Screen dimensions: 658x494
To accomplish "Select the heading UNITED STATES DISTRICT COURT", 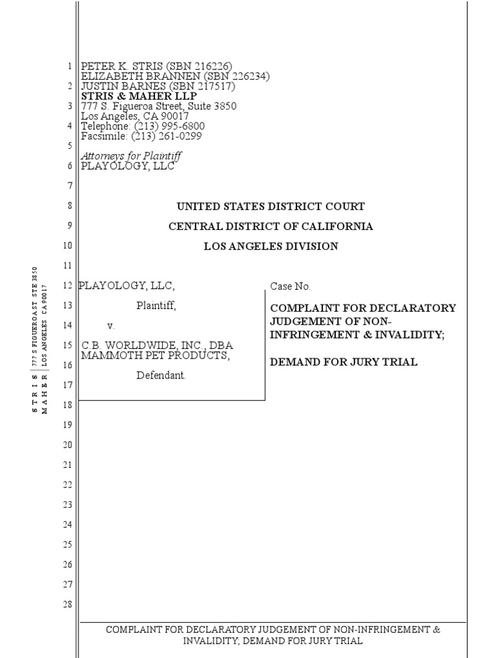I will pyautogui.click(x=271, y=206).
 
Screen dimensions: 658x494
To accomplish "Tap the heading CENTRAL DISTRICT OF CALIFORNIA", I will pyautogui.click(x=271, y=226).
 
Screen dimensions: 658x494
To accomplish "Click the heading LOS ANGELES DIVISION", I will pyautogui.click(x=271, y=246).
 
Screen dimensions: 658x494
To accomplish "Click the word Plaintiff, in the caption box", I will pyautogui.click(x=156, y=306).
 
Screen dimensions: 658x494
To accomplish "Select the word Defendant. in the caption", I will pyautogui.click(x=161, y=375).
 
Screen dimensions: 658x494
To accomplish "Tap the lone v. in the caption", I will pyautogui.click(x=111, y=326).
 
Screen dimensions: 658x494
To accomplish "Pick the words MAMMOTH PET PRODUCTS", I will pyautogui.click(x=155, y=355).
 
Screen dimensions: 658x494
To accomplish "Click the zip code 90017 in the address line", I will pyautogui.click(x=175, y=116).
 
